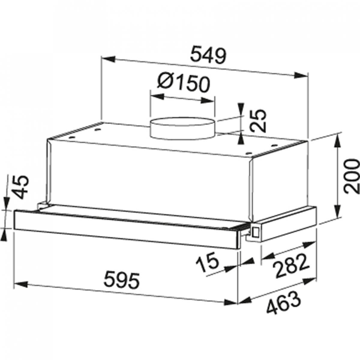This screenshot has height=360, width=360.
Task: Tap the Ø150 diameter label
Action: (184, 84)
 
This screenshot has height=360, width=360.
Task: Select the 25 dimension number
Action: (258, 121)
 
